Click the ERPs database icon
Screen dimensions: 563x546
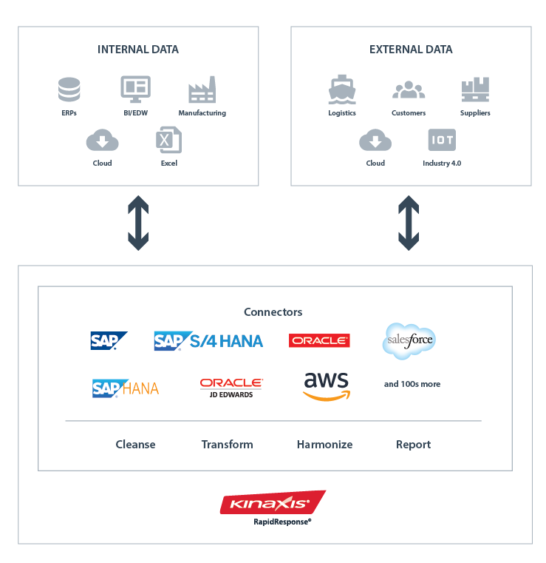pyautogui.click(x=69, y=90)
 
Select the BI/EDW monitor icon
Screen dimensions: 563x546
pyautogui.click(x=135, y=90)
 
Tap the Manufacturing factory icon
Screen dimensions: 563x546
pyautogui.click(x=202, y=90)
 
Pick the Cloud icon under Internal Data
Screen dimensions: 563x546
pyautogui.click(x=102, y=140)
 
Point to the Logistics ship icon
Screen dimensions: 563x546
pyautogui.click(x=342, y=90)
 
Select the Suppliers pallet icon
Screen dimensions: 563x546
pyautogui.click(x=474, y=90)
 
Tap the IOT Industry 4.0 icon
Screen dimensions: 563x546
pyautogui.click(x=442, y=140)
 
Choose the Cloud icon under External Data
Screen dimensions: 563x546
pyautogui.click(x=375, y=140)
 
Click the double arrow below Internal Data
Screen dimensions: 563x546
pyautogui.click(x=138, y=223)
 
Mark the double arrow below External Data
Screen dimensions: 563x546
pyautogui.click(x=409, y=223)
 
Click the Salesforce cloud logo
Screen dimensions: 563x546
pyautogui.click(x=409, y=341)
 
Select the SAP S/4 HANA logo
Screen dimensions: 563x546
pyautogui.click(x=209, y=341)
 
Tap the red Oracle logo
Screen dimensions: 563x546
pyautogui.click(x=319, y=341)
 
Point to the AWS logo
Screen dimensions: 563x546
pyautogui.click(x=326, y=385)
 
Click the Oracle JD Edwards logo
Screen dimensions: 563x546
pyautogui.click(x=231, y=387)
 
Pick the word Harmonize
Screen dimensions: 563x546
pyautogui.click(x=324, y=445)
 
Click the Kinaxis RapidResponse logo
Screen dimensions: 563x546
pyautogui.click(x=273, y=506)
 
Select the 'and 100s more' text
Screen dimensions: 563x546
pyautogui.click(x=412, y=384)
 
